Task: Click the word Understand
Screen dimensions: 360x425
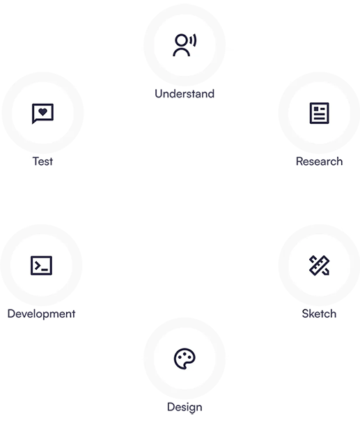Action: click(x=185, y=94)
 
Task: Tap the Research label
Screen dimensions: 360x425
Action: click(x=320, y=161)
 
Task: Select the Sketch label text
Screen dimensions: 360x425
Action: click(x=319, y=314)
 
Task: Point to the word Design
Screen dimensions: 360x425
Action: click(x=185, y=407)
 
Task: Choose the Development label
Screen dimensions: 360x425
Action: click(x=41, y=314)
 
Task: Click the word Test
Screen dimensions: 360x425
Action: click(x=42, y=161)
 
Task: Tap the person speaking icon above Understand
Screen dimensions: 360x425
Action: click(x=185, y=45)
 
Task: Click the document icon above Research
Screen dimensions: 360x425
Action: click(x=320, y=113)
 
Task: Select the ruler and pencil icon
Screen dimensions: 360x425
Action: click(x=320, y=265)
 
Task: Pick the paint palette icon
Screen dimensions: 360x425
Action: click(x=185, y=359)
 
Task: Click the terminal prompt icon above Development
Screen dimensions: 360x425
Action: click(x=41, y=265)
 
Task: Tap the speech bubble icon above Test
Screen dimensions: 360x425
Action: click(x=42, y=113)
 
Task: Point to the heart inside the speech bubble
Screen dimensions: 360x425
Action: click(x=42, y=111)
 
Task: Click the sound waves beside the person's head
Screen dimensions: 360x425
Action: click(x=193, y=40)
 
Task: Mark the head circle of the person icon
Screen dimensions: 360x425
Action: click(x=181, y=40)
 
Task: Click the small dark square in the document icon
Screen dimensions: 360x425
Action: click(x=316, y=109)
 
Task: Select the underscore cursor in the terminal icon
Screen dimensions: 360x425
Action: click(x=45, y=270)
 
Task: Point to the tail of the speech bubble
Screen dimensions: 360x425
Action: click(x=34, y=122)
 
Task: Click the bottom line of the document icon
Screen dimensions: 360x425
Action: click(x=320, y=118)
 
